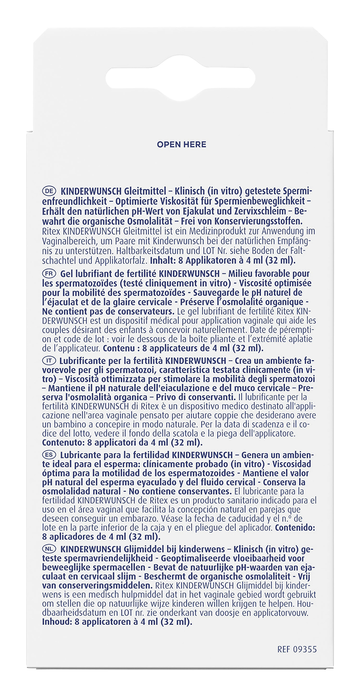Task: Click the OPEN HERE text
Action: (181, 145)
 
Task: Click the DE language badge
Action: (49, 191)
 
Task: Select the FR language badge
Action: (49, 274)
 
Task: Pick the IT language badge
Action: (49, 361)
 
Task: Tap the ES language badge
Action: (49, 455)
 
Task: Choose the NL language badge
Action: (49, 549)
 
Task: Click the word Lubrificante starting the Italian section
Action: (86, 361)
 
